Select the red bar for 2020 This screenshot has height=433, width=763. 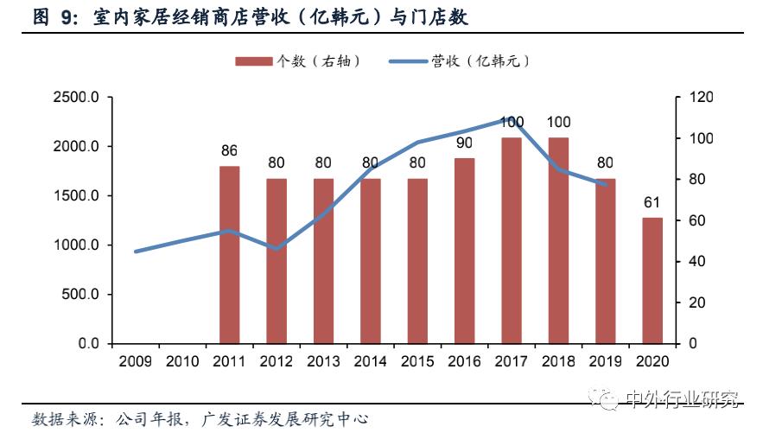pos(652,281)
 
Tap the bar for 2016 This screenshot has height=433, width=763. pos(464,251)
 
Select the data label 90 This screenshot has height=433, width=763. pos(464,143)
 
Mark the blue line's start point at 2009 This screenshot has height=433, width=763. pos(136,252)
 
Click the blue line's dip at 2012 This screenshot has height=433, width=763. pos(277,249)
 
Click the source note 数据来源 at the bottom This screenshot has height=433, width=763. pos(65,419)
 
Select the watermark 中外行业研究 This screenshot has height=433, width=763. pos(683,399)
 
